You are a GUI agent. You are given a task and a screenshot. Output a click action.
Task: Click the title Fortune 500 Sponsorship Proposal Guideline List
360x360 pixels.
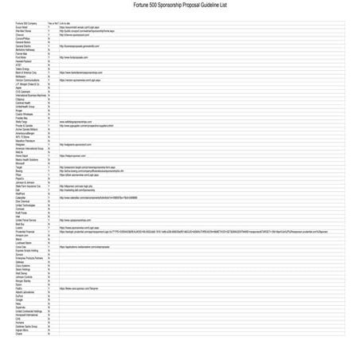click(180, 5)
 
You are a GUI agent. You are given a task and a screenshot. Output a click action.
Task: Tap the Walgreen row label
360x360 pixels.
click(22, 144)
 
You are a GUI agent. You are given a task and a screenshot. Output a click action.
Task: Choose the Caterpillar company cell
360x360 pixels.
click(23, 198)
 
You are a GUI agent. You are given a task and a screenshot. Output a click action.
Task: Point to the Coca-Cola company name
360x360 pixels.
click(22, 247)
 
